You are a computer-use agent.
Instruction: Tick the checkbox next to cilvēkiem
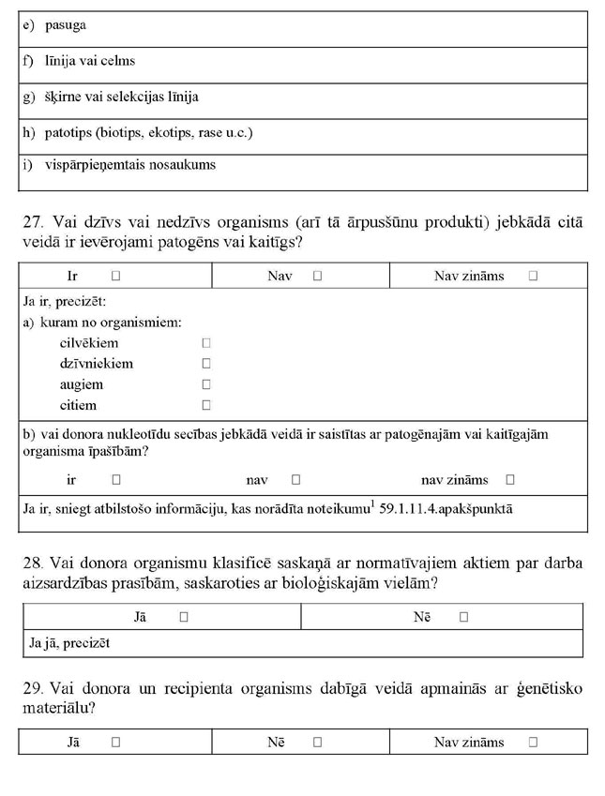(206, 343)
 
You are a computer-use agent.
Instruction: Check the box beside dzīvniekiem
(206, 364)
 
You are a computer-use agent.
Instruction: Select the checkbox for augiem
(206, 384)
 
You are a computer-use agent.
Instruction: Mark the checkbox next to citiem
(206, 406)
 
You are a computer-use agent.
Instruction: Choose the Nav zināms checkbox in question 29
(533, 742)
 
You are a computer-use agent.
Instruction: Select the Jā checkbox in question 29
(115, 742)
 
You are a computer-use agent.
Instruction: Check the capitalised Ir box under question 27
(115, 277)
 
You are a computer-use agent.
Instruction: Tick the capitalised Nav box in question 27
(318, 277)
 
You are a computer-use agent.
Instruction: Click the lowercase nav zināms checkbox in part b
(510, 480)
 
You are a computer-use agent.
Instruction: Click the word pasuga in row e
(65, 25)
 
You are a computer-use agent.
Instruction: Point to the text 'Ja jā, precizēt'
(70, 643)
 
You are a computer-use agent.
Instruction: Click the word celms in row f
(119, 61)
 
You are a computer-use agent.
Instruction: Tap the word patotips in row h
(67, 132)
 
